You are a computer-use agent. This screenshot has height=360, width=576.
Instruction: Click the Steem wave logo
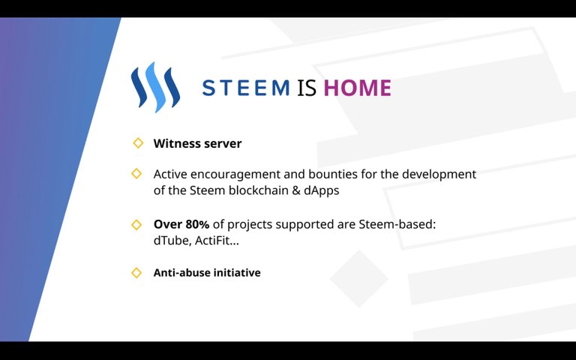click(155, 87)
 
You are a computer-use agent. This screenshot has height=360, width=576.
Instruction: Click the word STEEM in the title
click(246, 88)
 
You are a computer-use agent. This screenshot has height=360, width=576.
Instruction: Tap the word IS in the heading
click(306, 88)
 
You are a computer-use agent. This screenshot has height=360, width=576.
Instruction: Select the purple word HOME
click(358, 88)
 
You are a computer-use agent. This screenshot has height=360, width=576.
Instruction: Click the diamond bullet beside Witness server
click(138, 143)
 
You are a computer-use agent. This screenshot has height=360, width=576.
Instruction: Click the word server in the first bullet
click(223, 144)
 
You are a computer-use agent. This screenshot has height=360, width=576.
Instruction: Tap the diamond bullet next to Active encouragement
click(136, 173)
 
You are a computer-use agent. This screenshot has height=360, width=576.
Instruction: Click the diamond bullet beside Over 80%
click(136, 224)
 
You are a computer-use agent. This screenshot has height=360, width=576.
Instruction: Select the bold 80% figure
click(197, 224)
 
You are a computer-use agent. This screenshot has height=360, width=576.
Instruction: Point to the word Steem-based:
click(397, 224)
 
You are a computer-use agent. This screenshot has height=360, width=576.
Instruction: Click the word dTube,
click(172, 241)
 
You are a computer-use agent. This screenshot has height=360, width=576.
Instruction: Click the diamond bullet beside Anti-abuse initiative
click(136, 272)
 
